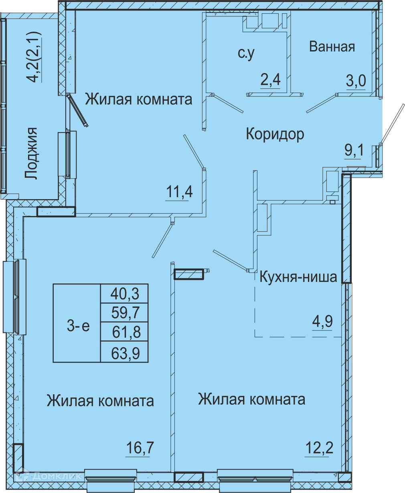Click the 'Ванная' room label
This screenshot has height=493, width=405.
click(332, 47)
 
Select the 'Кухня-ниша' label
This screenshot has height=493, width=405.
click(298, 277)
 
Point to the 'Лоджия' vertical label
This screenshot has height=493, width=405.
click(31, 153)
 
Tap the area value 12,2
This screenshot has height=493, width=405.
click(319, 447)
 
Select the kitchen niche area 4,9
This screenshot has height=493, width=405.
click(322, 322)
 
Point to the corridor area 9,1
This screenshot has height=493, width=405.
click(354, 150)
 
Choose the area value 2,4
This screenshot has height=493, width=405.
click(270, 80)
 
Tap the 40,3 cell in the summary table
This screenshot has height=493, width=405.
click(124, 293)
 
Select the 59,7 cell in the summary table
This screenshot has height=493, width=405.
click(124, 312)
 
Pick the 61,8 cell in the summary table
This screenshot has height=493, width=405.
click(124, 332)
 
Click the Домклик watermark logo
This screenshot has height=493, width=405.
click(49, 475)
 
